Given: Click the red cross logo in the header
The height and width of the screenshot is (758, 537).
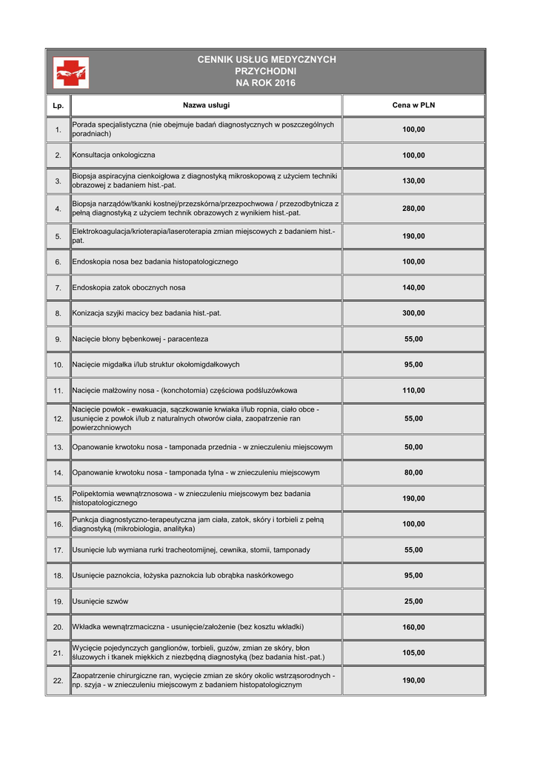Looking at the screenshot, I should (x=71, y=72).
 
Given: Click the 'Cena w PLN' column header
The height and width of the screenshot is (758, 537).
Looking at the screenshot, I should (x=413, y=105).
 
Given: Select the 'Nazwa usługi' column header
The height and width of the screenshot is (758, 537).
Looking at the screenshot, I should (x=206, y=105).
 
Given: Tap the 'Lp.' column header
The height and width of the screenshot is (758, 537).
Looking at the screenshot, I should (x=58, y=106).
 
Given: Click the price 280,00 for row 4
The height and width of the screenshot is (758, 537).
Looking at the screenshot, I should (x=413, y=209).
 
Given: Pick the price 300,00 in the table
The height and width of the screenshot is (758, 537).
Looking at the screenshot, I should (x=413, y=313).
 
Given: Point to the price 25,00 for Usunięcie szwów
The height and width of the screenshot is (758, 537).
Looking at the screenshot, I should (x=413, y=601).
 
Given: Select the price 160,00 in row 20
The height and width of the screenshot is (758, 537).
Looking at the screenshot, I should (x=413, y=627).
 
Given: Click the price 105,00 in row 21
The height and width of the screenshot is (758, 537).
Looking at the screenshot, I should (x=413, y=653).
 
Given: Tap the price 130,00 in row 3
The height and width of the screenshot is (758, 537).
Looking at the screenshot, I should (x=413, y=181).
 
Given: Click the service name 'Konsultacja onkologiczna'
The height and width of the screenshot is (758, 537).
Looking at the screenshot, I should (x=113, y=155).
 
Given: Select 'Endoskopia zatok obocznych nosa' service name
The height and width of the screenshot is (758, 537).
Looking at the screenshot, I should (x=129, y=287).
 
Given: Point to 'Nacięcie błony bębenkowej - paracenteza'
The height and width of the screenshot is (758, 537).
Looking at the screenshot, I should (x=140, y=339).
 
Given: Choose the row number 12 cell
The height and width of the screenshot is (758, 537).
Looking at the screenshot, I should (x=58, y=419).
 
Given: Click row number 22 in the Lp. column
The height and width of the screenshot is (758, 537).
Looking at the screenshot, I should (x=58, y=680).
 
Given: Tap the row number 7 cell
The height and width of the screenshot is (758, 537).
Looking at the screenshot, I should (x=58, y=287).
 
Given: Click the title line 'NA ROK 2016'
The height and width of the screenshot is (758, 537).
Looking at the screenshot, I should (x=265, y=83).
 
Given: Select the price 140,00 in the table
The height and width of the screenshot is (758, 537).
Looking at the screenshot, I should (x=413, y=287).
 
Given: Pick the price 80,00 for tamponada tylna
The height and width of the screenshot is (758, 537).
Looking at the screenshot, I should (x=413, y=472).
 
